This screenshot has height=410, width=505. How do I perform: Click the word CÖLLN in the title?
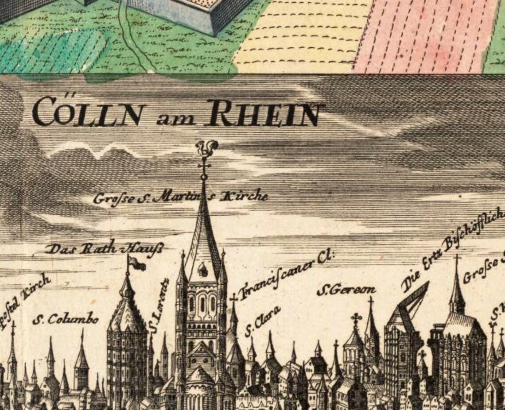click(89, 112)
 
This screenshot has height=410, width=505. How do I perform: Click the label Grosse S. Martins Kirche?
click(181, 197)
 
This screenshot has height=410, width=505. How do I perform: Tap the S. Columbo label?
click(65, 318)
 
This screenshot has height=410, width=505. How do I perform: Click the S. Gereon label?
click(346, 290)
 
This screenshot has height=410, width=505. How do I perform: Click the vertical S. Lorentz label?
click(158, 305)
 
